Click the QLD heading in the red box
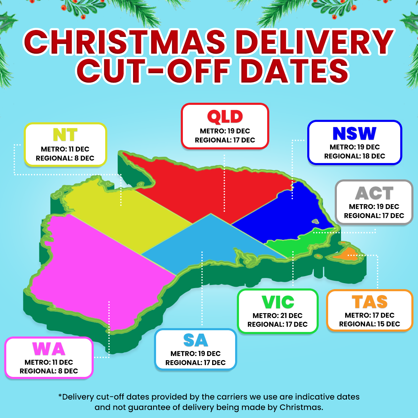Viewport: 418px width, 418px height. pyautogui.click(x=225, y=117)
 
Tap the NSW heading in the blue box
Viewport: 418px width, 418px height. pyautogui.click(x=355, y=133)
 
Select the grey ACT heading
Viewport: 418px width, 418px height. pyautogui.click(x=374, y=193)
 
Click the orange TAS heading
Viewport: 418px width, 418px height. pyautogui.click(x=370, y=302)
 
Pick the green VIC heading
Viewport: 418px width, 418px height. pyautogui.click(x=278, y=302)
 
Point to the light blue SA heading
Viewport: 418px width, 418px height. pyautogui.click(x=195, y=341)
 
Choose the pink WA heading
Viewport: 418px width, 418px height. pyautogui.click(x=49, y=349)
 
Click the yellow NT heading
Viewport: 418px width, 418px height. pyautogui.click(x=65, y=135)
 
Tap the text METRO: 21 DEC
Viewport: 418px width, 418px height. pyautogui.click(x=278, y=316)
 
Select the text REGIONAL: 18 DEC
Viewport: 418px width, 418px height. pyautogui.click(x=355, y=156)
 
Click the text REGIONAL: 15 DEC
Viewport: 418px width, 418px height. pyautogui.click(x=370, y=324)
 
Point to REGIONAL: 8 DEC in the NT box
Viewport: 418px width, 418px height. pyautogui.click(x=65, y=158)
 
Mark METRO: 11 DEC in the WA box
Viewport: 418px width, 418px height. pyautogui.click(x=49, y=362)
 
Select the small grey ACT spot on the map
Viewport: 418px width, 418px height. pyautogui.click(x=316, y=221)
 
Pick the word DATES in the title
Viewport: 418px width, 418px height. pyautogui.click(x=295, y=71)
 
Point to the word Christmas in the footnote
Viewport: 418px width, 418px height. pyautogui.click(x=301, y=407)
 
